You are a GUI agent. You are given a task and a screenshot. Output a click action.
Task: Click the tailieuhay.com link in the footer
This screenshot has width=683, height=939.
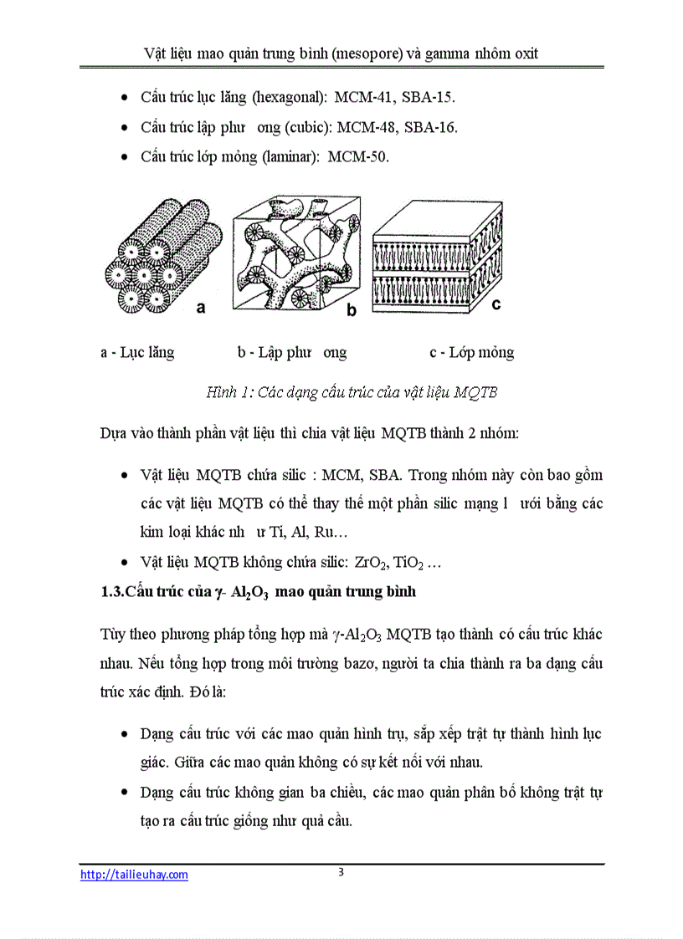[134, 875]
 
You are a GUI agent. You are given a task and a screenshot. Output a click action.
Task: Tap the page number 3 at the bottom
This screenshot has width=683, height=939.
[341, 872]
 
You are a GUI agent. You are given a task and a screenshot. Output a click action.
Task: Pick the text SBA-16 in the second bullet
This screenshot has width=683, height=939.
[428, 127]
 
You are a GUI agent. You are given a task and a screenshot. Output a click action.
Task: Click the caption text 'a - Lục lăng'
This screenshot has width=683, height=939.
[137, 352]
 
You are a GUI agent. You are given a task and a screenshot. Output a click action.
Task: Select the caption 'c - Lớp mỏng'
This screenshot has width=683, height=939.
[472, 352]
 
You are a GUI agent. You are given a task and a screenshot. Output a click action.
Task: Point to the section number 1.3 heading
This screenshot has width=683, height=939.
[112, 592]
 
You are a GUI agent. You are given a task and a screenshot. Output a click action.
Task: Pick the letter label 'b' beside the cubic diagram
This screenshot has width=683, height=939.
[352, 311]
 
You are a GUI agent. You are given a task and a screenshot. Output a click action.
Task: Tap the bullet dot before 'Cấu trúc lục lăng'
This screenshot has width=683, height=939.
[125, 99]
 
